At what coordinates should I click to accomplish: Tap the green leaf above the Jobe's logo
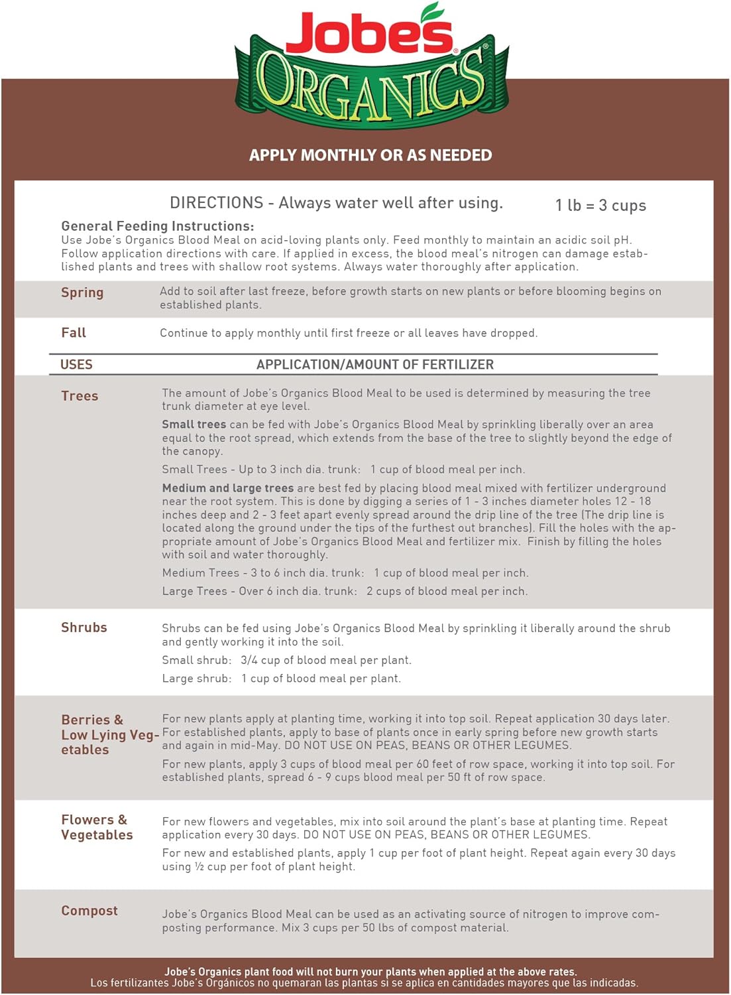point(433,11)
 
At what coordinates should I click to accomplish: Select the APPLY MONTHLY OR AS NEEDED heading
point(370,155)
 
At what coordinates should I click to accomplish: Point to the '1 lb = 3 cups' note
point(600,206)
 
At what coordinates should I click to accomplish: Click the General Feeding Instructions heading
point(157,226)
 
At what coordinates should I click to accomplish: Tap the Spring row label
point(82,293)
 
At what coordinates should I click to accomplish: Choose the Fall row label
point(74,333)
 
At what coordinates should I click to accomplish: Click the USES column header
point(76,365)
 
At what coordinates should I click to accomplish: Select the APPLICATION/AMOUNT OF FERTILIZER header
point(375,365)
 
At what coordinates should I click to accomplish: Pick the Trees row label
point(80,396)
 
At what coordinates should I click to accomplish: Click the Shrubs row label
point(84,628)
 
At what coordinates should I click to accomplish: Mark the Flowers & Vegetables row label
point(97,827)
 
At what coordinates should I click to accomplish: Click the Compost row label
point(89,911)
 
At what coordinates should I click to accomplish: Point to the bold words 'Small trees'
point(194,425)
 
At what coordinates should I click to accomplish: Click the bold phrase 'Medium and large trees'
point(228,488)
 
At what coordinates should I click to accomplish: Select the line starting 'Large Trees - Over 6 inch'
point(345,591)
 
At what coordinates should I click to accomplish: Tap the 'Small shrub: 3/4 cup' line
point(286,660)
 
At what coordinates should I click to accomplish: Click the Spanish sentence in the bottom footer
point(365,983)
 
